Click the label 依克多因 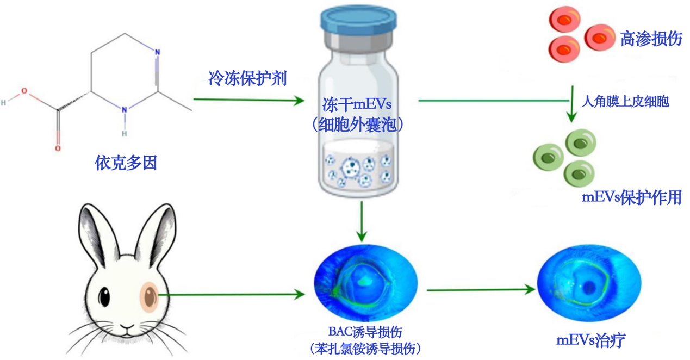[126, 163]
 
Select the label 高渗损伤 [651, 39]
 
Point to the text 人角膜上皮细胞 [625, 101]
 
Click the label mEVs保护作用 [631, 197]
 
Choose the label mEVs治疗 [590, 341]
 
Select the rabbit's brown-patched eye [149, 296]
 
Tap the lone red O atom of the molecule [57, 148]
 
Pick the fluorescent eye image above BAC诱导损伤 [365, 281]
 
